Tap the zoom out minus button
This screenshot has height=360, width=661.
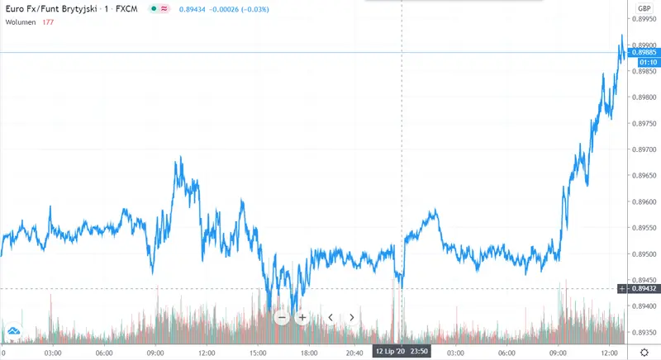[281, 317]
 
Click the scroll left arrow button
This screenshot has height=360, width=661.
[330, 317]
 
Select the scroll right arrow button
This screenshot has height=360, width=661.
[351, 317]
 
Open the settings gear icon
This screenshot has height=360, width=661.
[644, 351]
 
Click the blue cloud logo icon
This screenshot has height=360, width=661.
[13, 333]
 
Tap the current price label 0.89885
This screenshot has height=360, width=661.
[643, 52]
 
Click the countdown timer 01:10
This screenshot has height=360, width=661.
[643, 62]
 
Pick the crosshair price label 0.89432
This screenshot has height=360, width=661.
[643, 288]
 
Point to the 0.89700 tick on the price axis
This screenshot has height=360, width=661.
[644, 149]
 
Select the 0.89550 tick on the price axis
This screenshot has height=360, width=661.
[644, 228]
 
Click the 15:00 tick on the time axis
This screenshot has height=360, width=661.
[259, 351]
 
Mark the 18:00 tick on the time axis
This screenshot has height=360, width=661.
[311, 351]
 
